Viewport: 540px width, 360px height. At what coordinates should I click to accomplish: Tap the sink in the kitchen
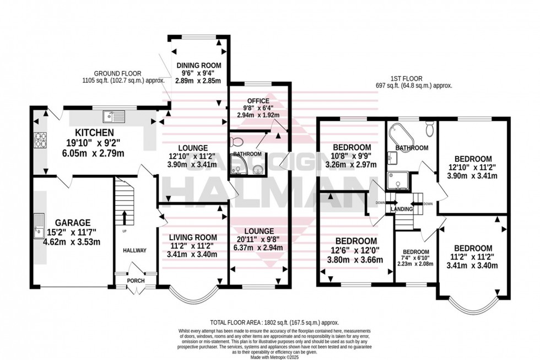115,116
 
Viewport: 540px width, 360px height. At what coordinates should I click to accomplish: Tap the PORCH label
136,281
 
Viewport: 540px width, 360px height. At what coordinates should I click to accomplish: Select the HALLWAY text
135,250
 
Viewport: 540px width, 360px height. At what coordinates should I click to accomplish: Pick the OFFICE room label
258,101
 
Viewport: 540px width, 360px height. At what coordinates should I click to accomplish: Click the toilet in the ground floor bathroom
237,141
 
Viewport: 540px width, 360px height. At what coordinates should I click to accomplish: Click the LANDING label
402,209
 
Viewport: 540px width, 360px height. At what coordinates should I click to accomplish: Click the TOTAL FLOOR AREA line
274,322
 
